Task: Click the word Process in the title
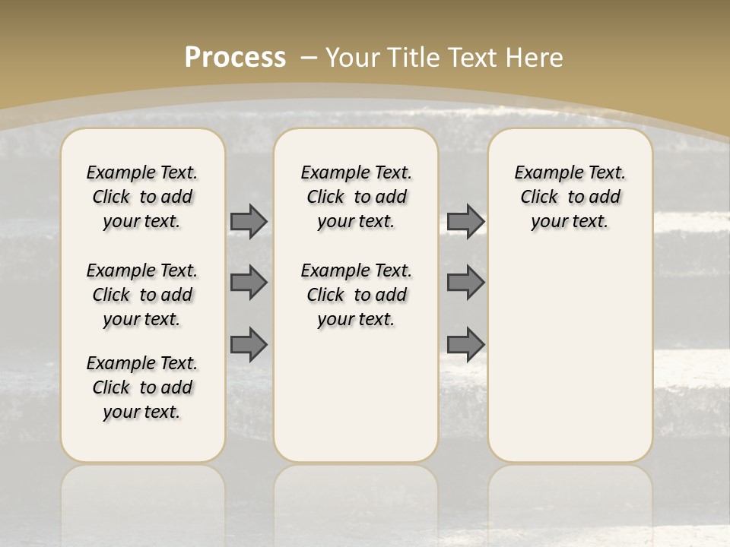235,57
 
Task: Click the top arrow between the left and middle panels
248,221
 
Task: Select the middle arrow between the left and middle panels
248,283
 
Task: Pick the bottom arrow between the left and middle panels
248,344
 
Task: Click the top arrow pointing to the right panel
465,221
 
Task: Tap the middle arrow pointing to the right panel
465,283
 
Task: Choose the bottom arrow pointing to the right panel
465,344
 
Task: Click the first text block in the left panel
142,197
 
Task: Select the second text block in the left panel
142,295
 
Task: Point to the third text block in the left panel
142,387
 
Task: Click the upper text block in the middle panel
356,197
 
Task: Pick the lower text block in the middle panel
356,295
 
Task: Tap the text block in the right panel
570,197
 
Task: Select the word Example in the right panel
543,173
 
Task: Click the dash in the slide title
308,57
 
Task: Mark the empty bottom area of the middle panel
356,403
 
